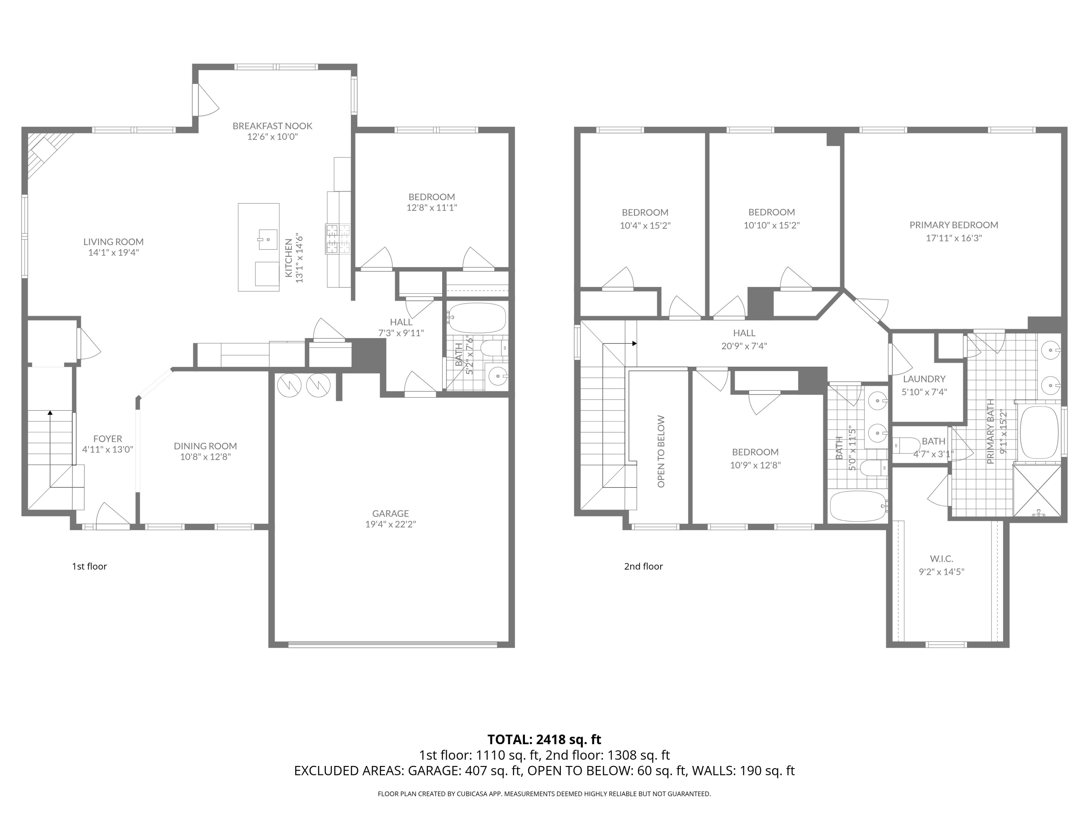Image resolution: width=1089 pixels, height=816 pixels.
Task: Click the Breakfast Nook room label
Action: (x=272, y=126)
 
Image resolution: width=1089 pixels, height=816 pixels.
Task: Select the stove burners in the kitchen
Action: (x=338, y=239)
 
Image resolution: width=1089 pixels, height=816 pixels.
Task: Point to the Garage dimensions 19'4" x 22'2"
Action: (x=390, y=524)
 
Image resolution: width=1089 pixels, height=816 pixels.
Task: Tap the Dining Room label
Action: (x=205, y=446)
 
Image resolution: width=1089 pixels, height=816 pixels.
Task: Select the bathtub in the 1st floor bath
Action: (x=477, y=318)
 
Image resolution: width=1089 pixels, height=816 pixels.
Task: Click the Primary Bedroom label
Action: (x=954, y=225)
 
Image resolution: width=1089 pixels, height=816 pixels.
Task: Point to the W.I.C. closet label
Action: (x=941, y=559)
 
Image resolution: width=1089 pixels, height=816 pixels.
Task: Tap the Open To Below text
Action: (x=661, y=452)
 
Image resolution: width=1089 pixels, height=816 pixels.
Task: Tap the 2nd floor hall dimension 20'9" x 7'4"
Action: (x=744, y=346)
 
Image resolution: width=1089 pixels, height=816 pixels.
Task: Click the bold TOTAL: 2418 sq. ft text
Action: (x=544, y=739)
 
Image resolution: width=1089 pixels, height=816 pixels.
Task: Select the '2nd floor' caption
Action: (x=643, y=566)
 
